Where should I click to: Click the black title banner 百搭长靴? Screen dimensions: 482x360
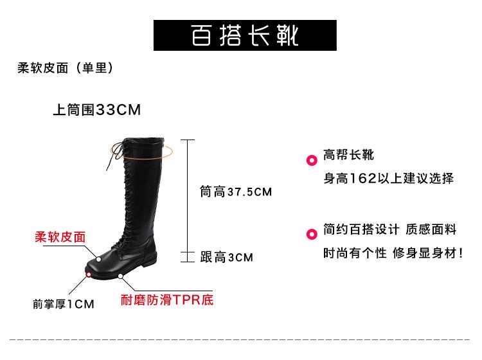click(x=245, y=35)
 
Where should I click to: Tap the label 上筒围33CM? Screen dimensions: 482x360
click(x=96, y=110)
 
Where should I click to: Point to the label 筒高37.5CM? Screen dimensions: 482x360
click(x=236, y=192)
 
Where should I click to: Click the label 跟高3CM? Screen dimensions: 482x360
click(x=227, y=257)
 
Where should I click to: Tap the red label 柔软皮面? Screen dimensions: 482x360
click(x=60, y=237)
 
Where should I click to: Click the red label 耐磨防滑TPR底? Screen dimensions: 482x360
click(x=167, y=300)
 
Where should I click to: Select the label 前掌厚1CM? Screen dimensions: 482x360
click(x=64, y=303)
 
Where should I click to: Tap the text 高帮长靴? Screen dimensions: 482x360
click(x=348, y=155)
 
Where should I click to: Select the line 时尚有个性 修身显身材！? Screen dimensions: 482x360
click(x=393, y=253)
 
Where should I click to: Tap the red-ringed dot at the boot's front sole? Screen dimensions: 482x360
click(x=89, y=274)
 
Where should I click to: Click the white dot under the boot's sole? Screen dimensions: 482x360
click(x=120, y=276)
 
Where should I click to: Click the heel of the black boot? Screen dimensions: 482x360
click(x=149, y=260)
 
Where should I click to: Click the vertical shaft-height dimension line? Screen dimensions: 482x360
click(x=187, y=193)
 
